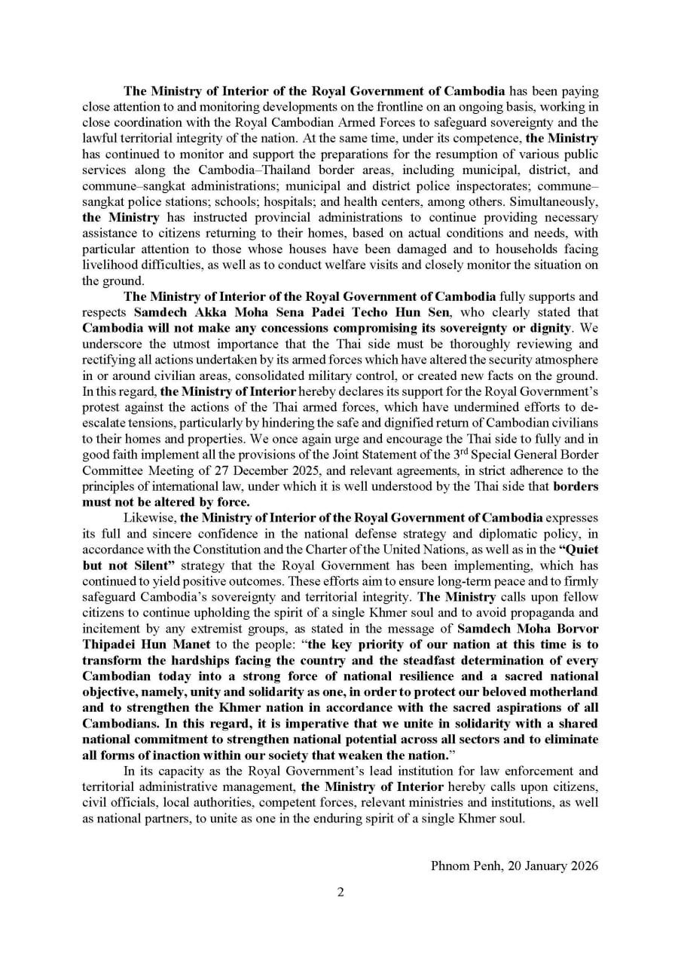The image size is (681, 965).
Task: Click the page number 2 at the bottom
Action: point(340,893)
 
